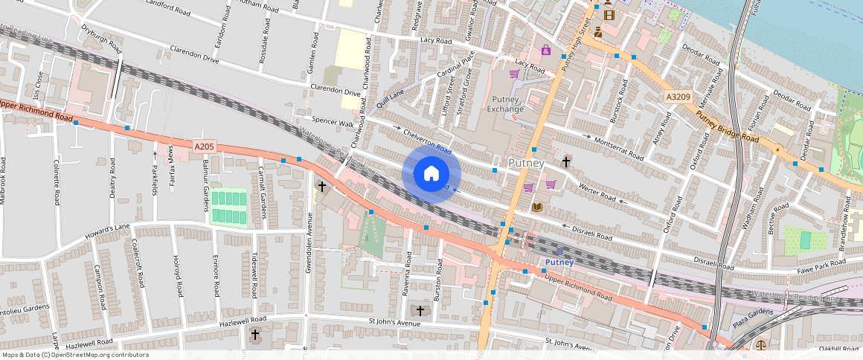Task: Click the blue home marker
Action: pyautogui.click(x=431, y=174)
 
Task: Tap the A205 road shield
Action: pyautogui.click(x=205, y=147)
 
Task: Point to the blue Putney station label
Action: pyautogui.click(x=559, y=263)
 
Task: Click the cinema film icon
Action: pyautogui.click(x=609, y=14)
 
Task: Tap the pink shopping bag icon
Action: pyautogui.click(x=546, y=50)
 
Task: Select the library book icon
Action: pyautogui.click(x=537, y=206)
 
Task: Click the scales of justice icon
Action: pyautogui.click(x=760, y=345)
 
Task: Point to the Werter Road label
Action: pyautogui.click(x=597, y=193)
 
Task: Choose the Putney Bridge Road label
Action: pyautogui.click(x=728, y=128)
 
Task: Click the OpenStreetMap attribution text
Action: pyautogui.click(x=75, y=355)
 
